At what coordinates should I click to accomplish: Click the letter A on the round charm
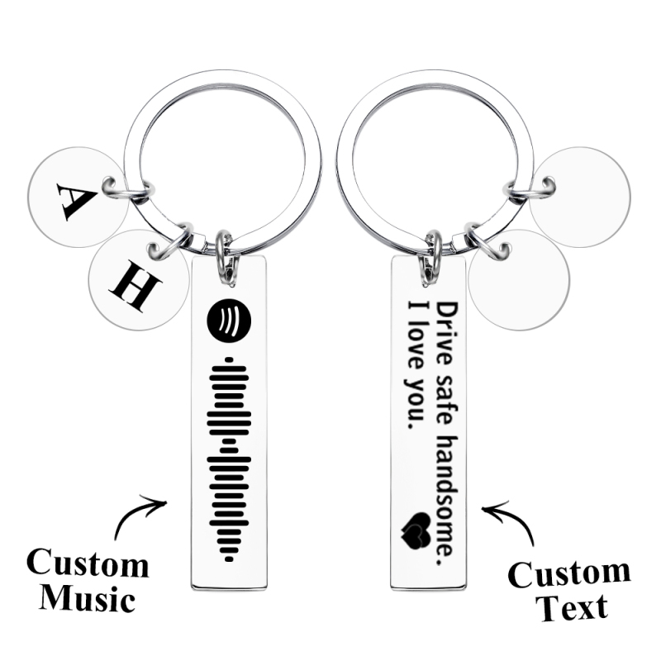(x=76, y=202)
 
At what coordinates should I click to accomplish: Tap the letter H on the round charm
(x=136, y=285)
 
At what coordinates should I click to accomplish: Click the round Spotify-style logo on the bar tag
(x=229, y=319)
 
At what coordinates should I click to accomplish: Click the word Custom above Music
(x=88, y=564)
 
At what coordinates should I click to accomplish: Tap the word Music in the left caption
(x=88, y=597)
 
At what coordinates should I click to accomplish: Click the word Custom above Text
(x=569, y=574)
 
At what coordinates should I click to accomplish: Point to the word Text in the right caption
(x=571, y=607)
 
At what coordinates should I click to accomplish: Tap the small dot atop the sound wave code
(x=229, y=359)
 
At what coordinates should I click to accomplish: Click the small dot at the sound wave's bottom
(x=229, y=559)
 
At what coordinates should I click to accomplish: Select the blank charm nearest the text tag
(x=519, y=280)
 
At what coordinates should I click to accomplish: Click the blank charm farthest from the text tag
(x=580, y=197)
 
